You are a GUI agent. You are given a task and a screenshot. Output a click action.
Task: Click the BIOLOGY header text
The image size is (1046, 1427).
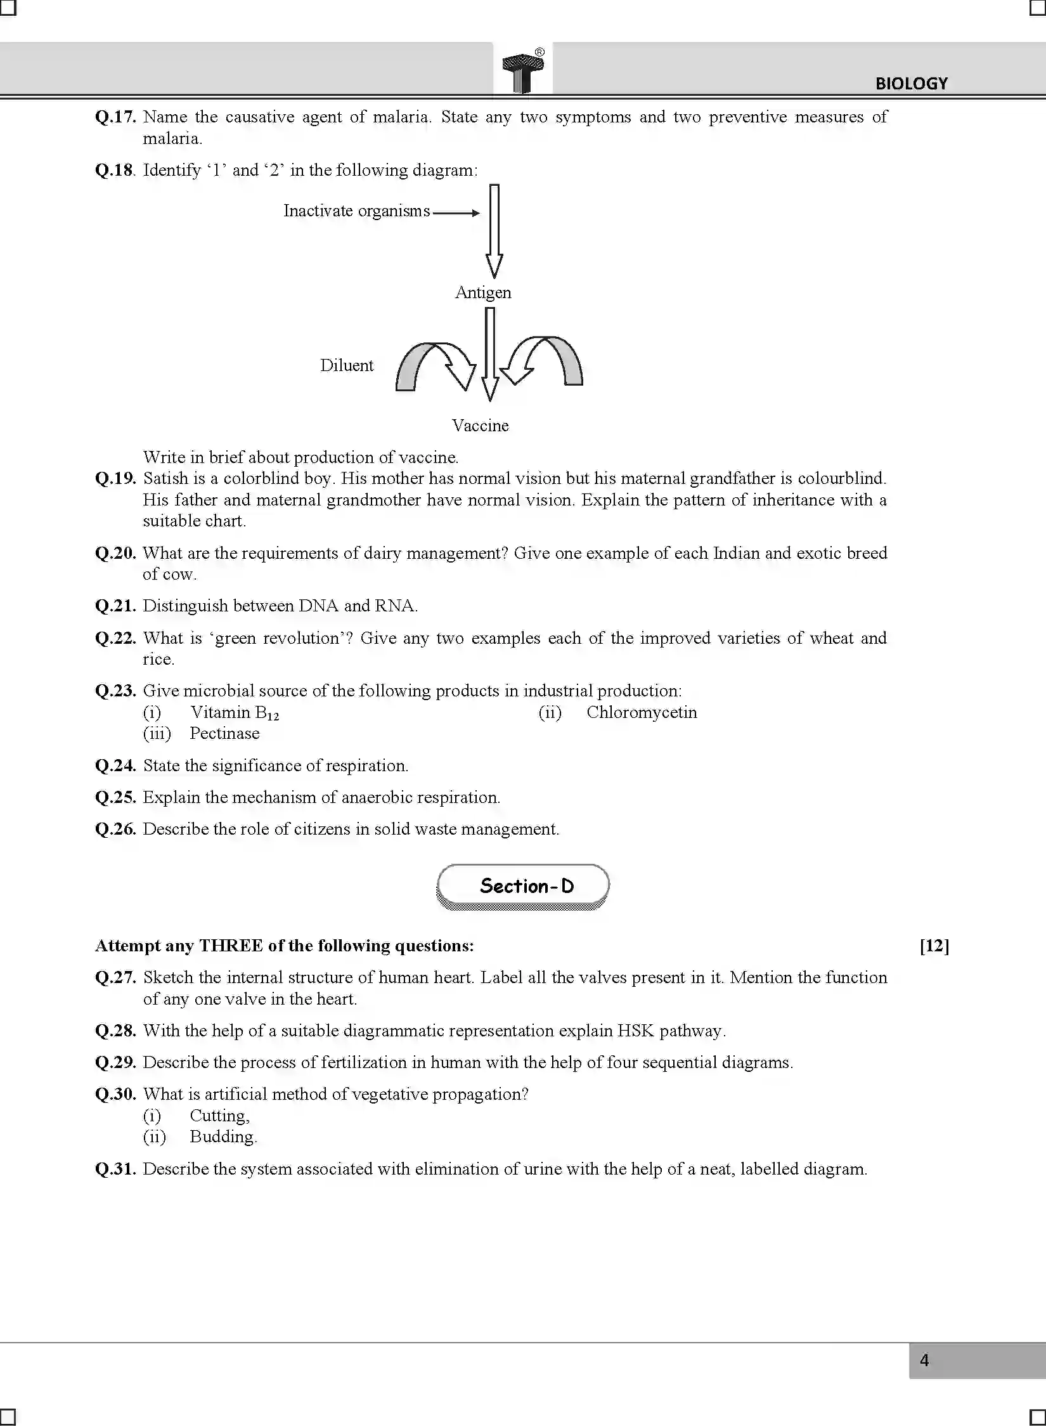911,83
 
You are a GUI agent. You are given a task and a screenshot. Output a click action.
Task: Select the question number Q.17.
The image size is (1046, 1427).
115,117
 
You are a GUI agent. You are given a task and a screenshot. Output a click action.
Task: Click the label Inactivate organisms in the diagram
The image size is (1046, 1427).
356,211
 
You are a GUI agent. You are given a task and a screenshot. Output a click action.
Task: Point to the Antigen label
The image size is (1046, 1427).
483,292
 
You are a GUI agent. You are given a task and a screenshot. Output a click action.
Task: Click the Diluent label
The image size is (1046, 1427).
347,365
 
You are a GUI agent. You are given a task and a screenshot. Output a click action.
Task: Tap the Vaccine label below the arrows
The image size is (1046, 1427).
480,426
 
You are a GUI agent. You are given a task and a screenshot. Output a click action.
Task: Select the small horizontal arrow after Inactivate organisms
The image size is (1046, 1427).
456,213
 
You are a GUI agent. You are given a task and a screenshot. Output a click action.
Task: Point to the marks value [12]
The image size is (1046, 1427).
934,946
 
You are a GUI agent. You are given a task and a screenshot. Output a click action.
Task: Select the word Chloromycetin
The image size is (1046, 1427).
642,712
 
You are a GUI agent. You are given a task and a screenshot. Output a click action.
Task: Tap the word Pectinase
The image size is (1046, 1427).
224,734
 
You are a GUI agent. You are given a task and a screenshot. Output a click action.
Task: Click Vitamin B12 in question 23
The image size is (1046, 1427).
235,713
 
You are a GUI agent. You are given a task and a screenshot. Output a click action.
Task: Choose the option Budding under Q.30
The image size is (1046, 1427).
223,1137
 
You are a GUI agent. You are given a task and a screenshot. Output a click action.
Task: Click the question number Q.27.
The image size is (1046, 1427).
115,977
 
